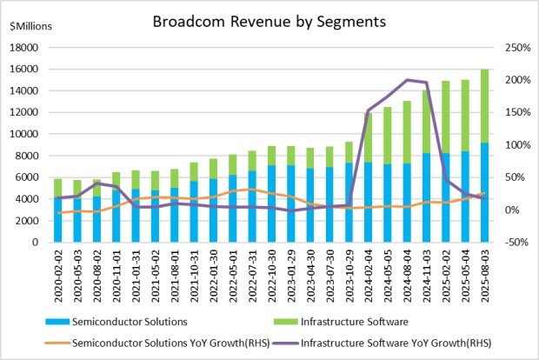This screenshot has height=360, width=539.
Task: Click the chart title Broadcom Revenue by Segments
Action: click(269, 18)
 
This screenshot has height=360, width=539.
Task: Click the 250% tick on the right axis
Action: click(509, 47)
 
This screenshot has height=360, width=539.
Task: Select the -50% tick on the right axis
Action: click(509, 243)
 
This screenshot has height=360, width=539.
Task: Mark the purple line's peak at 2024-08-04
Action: click(407, 80)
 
